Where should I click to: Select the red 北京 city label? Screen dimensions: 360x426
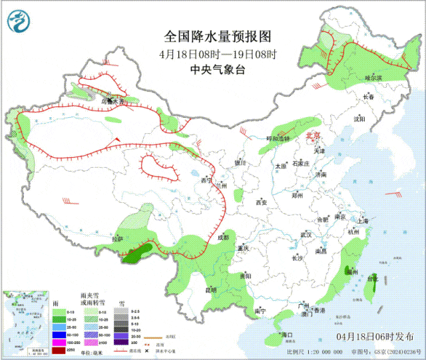(x=312, y=136)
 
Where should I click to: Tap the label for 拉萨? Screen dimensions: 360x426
(x=118, y=239)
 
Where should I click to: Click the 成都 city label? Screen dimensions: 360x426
(x=222, y=238)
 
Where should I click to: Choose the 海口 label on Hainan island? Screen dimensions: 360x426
(x=288, y=334)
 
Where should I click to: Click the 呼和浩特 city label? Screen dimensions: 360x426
(x=278, y=138)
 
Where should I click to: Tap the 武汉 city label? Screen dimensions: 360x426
(x=306, y=235)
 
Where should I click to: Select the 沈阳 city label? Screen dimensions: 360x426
(x=360, y=120)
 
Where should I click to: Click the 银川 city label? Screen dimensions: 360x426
(x=240, y=162)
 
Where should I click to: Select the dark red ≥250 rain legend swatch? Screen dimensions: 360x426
(x=60, y=351)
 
